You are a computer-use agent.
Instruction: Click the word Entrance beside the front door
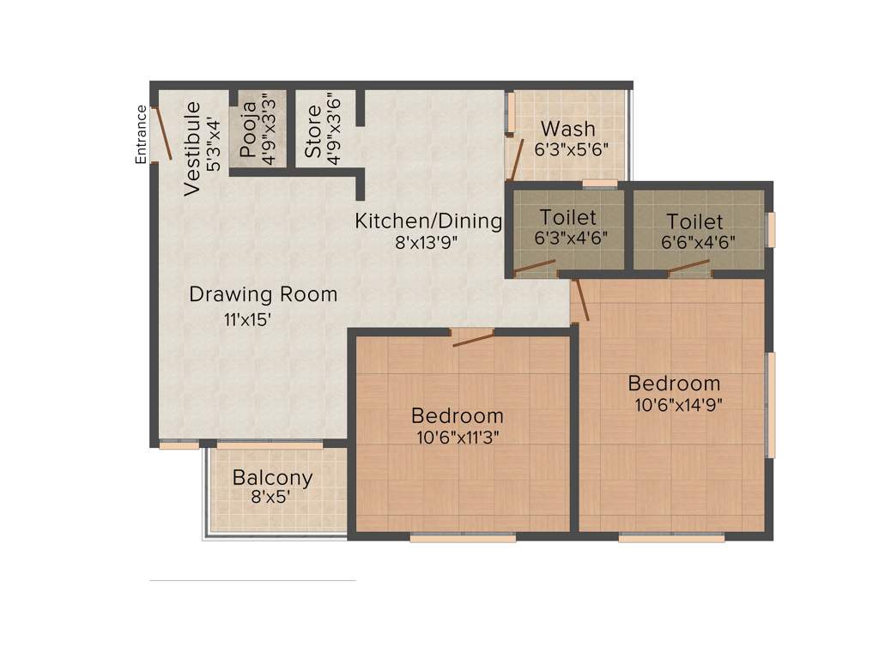tap(142, 133)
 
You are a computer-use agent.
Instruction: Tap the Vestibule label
tap(193, 148)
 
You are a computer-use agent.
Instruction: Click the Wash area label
tap(567, 129)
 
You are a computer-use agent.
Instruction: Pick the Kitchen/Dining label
tap(428, 221)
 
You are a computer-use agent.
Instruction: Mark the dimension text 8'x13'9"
tap(427, 242)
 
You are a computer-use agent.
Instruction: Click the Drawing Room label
tap(263, 294)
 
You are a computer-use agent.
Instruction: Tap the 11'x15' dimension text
tap(248, 321)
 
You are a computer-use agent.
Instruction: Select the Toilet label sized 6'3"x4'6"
tap(567, 218)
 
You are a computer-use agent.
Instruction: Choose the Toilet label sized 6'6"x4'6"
tap(694, 221)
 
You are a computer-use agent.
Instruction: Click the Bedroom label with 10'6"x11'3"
tap(457, 416)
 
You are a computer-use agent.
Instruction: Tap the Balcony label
tap(272, 477)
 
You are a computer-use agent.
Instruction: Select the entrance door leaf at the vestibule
tap(162, 133)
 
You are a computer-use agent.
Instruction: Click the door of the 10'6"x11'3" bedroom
tap(473, 338)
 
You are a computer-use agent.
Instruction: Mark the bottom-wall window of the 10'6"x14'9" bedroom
tap(671, 538)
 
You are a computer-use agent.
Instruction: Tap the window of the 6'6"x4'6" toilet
tap(771, 229)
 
